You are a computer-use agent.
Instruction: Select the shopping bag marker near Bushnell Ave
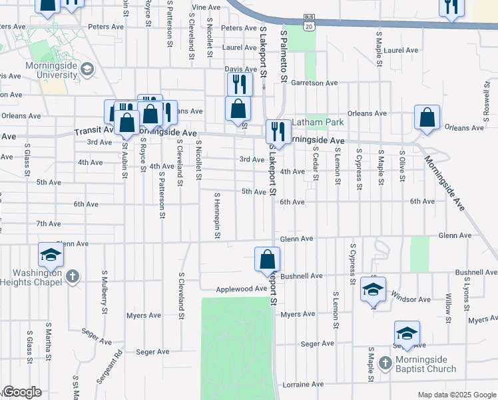click(x=267, y=259)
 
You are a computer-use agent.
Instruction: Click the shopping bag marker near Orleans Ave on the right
click(x=427, y=117)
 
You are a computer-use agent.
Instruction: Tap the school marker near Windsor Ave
click(x=373, y=289)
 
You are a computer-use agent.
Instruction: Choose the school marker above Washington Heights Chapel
click(x=51, y=255)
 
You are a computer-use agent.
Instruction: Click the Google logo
click(x=22, y=392)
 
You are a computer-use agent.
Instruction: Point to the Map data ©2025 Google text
click(x=456, y=395)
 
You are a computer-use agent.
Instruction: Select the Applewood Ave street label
click(x=240, y=289)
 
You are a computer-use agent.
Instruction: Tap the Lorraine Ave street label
click(x=303, y=385)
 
